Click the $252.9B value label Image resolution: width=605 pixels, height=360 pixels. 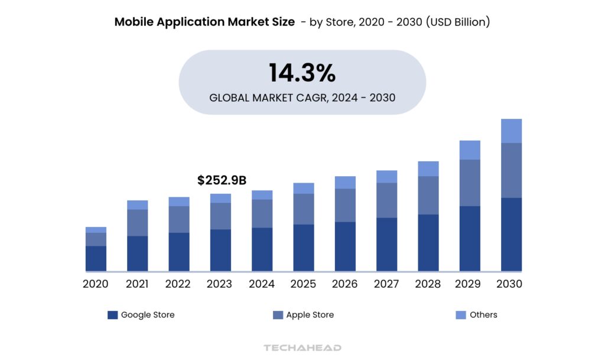click(x=222, y=180)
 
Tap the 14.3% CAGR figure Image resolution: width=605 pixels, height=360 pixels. click(x=302, y=73)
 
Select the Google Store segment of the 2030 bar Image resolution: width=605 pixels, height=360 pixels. click(x=511, y=234)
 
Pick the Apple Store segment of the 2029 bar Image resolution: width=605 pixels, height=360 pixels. click(x=470, y=183)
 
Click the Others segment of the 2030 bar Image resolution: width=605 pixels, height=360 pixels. click(x=511, y=131)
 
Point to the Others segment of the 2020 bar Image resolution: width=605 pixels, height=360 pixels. click(x=96, y=230)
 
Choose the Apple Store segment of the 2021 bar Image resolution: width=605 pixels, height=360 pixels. click(x=137, y=223)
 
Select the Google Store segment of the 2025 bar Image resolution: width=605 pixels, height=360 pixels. click(x=304, y=248)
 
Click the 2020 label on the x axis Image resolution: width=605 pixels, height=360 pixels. click(x=96, y=284)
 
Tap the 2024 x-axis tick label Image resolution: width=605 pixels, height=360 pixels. click(x=262, y=284)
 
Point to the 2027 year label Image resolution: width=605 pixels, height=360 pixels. click(x=386, y=284)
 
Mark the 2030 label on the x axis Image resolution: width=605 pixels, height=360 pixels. click(x=509, y=284)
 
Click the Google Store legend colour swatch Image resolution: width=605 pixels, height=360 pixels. click(x=113, y=315)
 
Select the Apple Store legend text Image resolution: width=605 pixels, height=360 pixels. click(x=310, y=315)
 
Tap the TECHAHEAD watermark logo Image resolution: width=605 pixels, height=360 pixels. click(x=302, y=348)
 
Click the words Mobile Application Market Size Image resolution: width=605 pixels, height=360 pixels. click(x=204, y=22)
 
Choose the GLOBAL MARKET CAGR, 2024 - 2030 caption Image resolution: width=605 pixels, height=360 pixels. click(x=302, y=97)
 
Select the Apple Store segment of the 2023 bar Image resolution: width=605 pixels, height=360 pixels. click(x=220, y=216)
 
